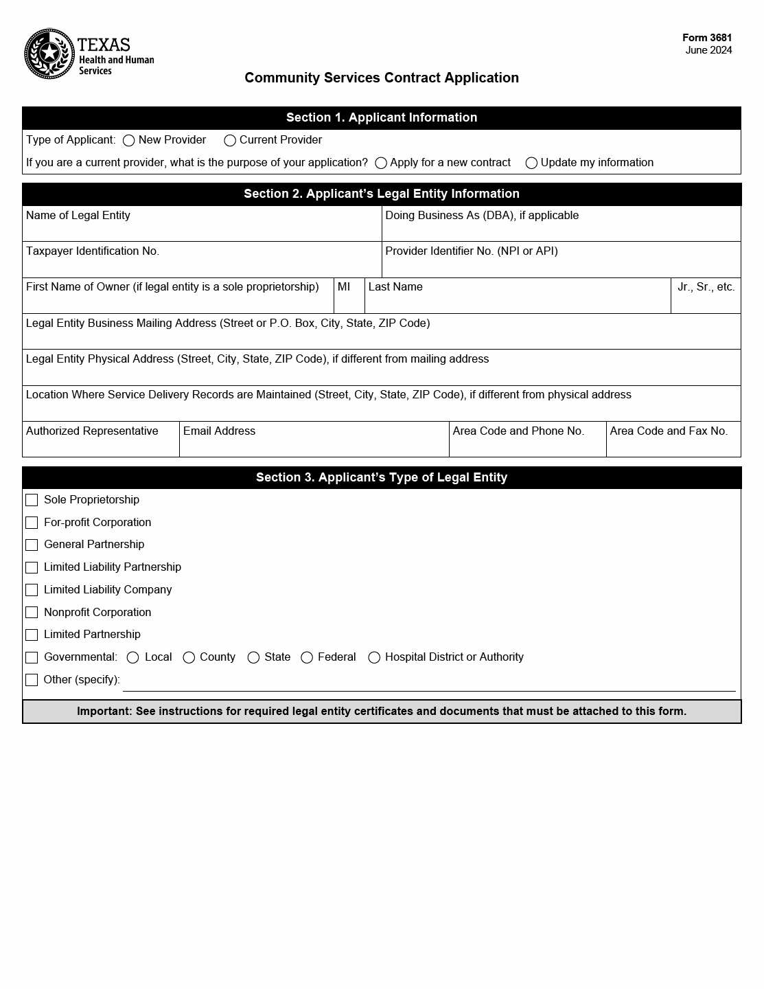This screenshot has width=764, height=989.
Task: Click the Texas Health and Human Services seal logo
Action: point(49,54)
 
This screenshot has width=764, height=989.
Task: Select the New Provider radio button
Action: point(128,141)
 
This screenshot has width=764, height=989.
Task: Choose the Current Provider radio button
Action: point(230,141)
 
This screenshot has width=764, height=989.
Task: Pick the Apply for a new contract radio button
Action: point(381,163)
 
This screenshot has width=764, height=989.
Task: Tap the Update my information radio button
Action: point(531,163)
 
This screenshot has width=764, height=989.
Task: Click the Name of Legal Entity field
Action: point(202,229)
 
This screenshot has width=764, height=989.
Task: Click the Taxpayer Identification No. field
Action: point(202,265)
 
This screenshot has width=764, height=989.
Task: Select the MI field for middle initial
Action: point(349,301)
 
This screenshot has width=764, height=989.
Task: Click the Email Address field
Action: point(314,445)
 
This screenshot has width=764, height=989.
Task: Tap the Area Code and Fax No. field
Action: point(673,445)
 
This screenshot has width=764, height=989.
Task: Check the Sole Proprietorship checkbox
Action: point(32,500)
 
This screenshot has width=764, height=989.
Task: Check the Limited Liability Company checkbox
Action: point(32,590)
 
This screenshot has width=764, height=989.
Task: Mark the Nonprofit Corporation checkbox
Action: point(32,613)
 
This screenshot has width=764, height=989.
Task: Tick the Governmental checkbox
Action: point(32,657)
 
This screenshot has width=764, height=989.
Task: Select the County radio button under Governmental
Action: point(189,658)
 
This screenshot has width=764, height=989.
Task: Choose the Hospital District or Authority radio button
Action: point(374,658)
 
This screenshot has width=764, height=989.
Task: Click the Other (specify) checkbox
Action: point(32,680)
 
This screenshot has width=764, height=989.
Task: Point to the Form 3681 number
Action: point(707,38)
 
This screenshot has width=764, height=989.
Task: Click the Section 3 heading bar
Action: point(382,477)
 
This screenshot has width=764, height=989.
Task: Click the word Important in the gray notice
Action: point(103,712)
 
